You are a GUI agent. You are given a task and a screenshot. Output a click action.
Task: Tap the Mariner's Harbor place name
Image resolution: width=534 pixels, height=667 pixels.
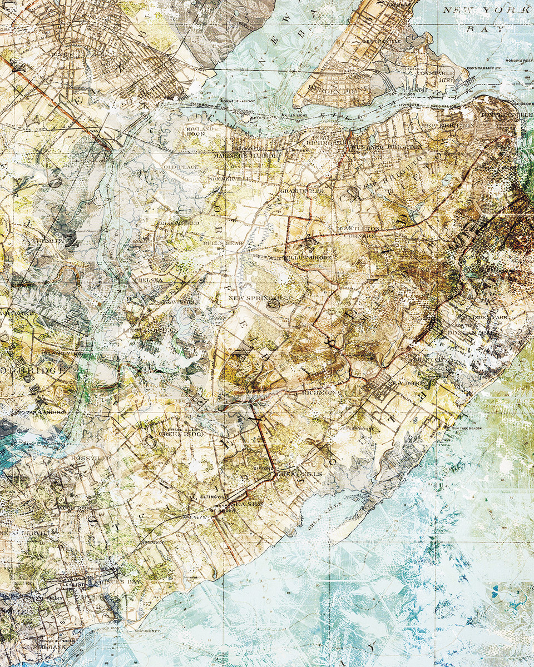pos(245,156)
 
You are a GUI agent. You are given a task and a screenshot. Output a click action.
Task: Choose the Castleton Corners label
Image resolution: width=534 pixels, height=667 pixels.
pos(362,232)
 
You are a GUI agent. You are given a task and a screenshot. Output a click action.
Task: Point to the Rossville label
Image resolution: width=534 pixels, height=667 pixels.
pos(83,457)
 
